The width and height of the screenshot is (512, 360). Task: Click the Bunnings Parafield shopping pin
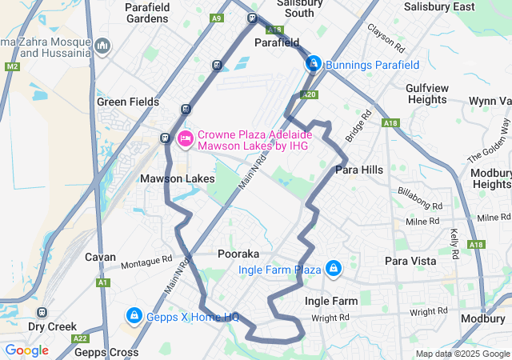click(x=314, y=63)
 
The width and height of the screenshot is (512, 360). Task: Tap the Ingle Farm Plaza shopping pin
click(x=333, y=268)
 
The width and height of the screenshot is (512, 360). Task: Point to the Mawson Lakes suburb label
click(x=178, y=178)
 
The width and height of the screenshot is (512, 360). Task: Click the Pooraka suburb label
click(x=237, y=254)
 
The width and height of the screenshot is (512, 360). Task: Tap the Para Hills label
click(x=359, y=170)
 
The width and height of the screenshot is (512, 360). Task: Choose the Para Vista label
click(x=410, y=261)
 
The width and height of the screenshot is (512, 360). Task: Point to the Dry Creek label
click(x=52, y=326)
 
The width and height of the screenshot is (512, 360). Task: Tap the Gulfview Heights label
click(x=426, y=94)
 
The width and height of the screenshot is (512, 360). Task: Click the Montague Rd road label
click(x=146, y=260)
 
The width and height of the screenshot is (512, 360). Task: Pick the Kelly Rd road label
click(x=454, y=239)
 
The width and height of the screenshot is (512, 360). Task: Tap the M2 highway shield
click(x=11, y=66)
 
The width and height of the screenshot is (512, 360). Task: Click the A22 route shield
click(x=80, y=338)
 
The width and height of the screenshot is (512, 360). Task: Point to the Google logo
click(x=27, y=350)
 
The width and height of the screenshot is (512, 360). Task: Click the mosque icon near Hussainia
click(x=102, y=46)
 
